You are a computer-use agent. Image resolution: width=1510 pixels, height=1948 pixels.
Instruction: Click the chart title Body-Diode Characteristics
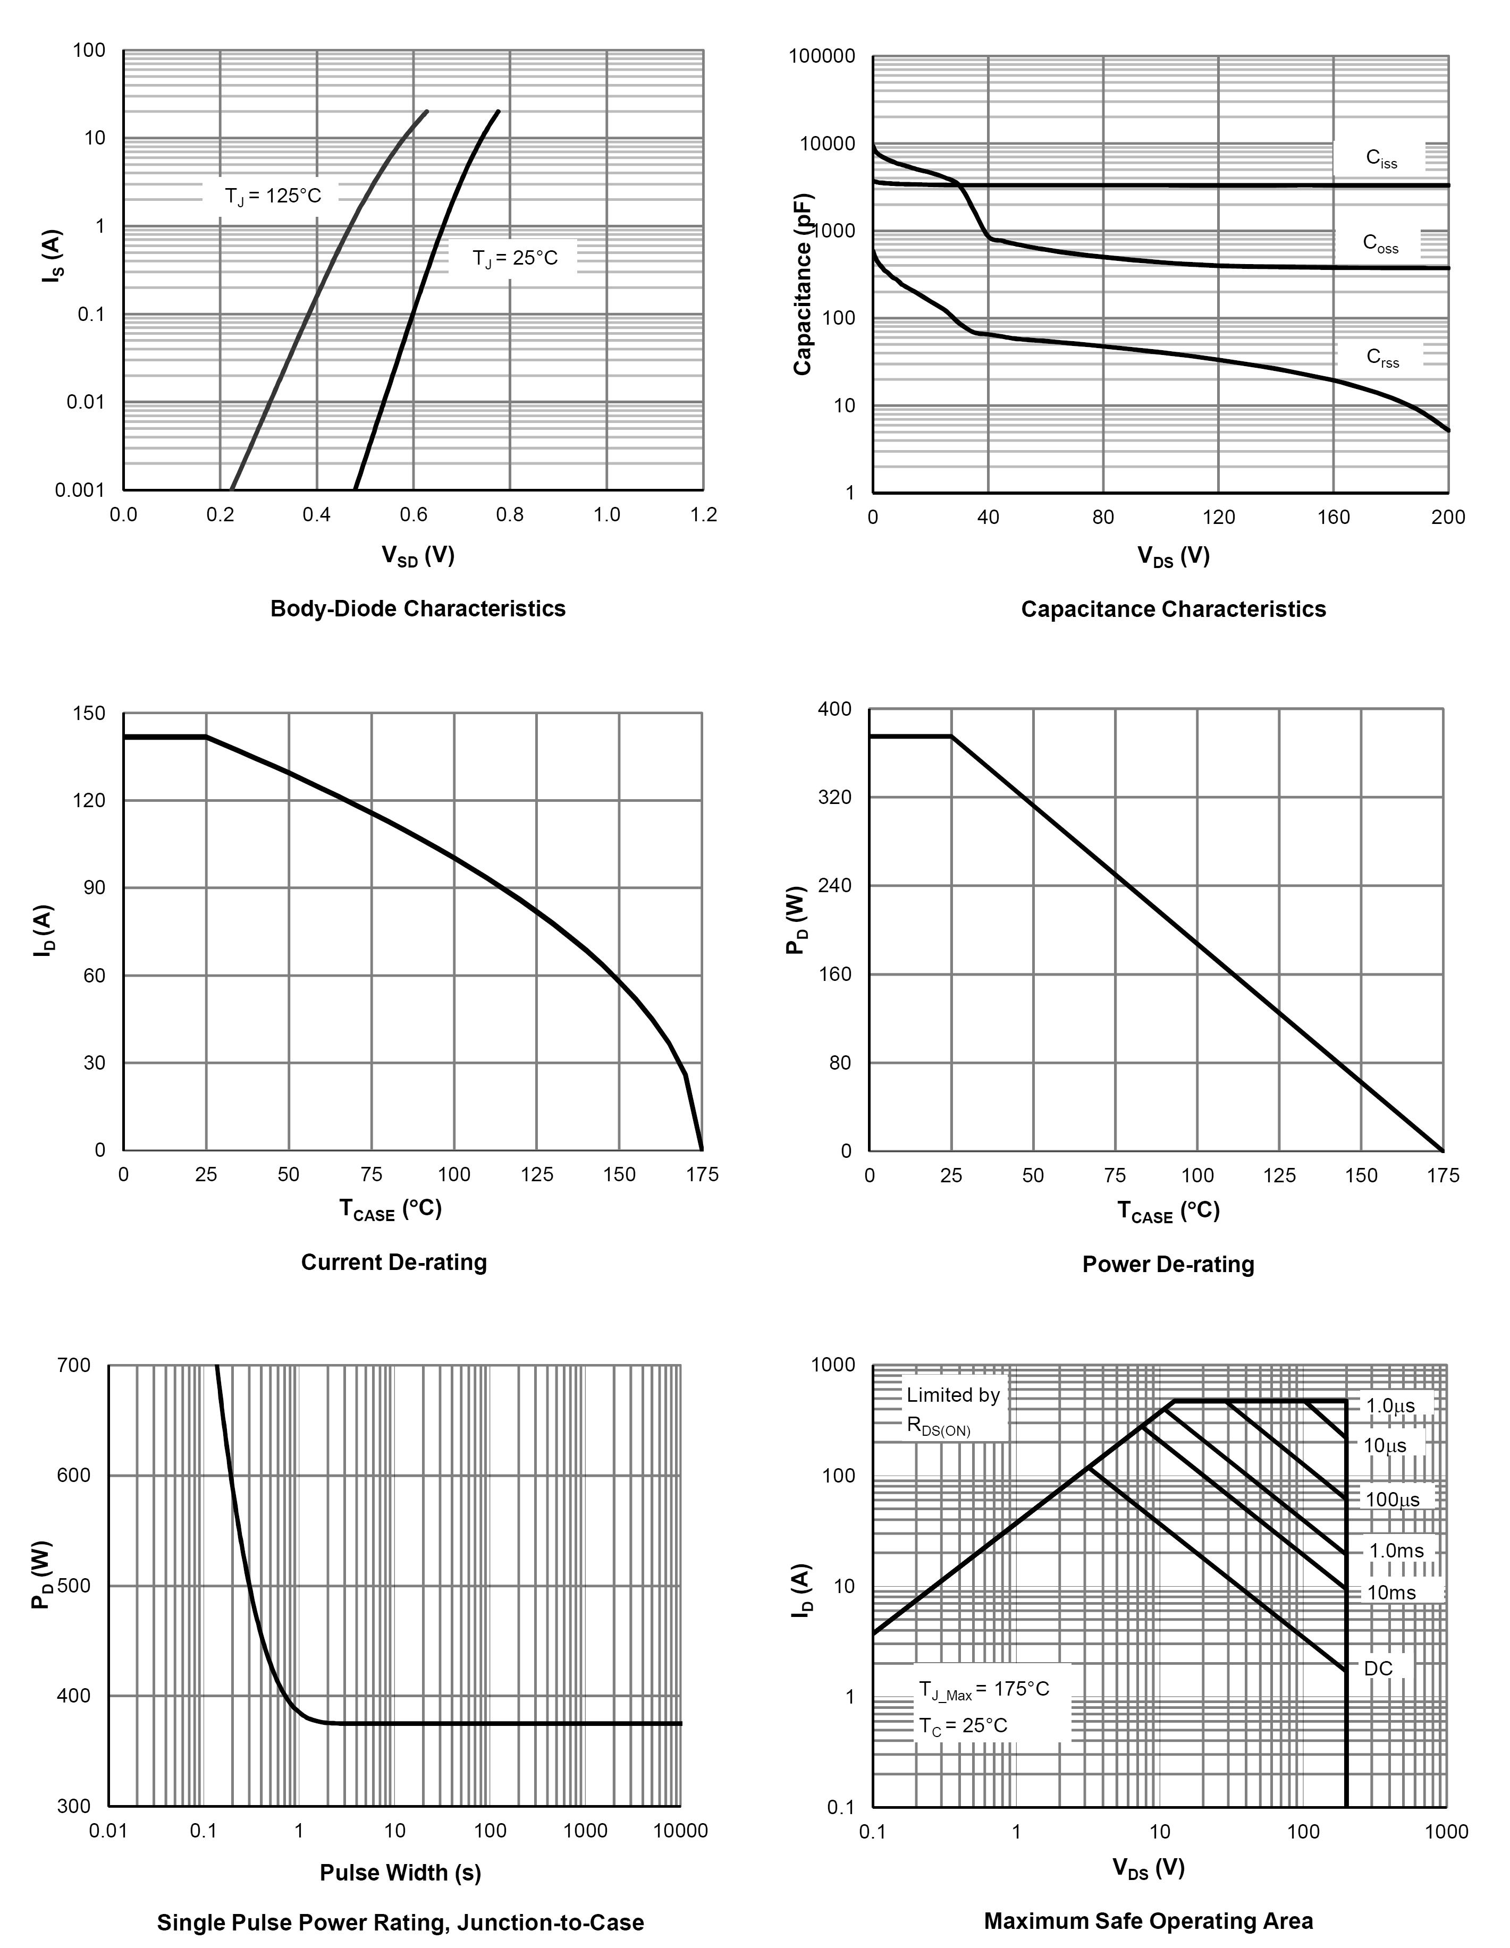pos(417,608)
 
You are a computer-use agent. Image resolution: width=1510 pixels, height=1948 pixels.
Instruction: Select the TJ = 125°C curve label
pos(272,196)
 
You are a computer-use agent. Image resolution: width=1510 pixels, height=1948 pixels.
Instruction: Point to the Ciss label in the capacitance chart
pos(1381,159)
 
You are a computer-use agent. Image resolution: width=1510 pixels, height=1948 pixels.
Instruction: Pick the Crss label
pos(1381,358)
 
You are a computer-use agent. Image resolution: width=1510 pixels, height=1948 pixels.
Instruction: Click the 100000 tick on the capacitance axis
pos(822,57)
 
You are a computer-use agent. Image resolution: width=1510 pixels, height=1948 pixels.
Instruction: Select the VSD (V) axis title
pos(417,556)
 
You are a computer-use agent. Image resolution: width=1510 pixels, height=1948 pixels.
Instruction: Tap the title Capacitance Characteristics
pos(1173,609)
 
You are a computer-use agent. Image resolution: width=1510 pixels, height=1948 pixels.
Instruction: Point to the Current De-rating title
pos(393,1262)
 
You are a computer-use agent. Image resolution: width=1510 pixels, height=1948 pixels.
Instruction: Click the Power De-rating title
pos(1168,1264)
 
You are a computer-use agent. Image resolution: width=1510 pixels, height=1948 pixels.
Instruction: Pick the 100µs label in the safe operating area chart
pos(1392,1500)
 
